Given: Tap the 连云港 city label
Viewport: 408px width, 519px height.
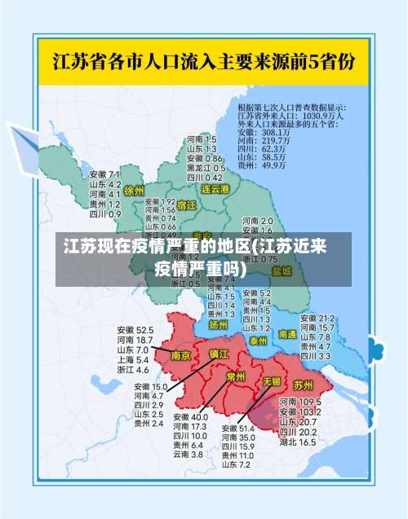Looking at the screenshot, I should [x=216, y=188].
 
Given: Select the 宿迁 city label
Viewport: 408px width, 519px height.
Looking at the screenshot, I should [x=186, y=205].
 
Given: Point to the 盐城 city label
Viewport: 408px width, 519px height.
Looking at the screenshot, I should [x=282, y=270].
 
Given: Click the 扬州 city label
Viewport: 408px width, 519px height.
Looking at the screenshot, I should [x=218, y=324].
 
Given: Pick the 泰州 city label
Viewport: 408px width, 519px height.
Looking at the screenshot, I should [x=259, y=341].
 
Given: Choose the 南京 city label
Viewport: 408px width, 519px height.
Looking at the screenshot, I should [x=180, y=355].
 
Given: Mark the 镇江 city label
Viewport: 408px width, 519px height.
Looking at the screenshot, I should [x=219, y=354].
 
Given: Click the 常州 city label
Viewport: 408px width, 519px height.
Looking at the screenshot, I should [x=236, y=377].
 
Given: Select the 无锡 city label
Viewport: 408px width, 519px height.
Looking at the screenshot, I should [x=271, y=381].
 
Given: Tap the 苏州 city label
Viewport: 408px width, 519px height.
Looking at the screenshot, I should [x=303, y=384].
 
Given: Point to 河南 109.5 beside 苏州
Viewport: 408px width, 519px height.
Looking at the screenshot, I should [x=298, y=402].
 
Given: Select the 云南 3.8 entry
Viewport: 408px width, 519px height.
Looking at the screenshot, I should [x=188, y=455].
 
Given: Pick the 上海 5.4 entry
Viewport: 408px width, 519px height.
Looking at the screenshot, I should [x=133, y=359].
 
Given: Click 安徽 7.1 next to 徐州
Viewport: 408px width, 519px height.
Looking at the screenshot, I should [x=104, y=174].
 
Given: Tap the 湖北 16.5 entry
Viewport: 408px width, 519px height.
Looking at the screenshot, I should [x=298, y=442].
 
